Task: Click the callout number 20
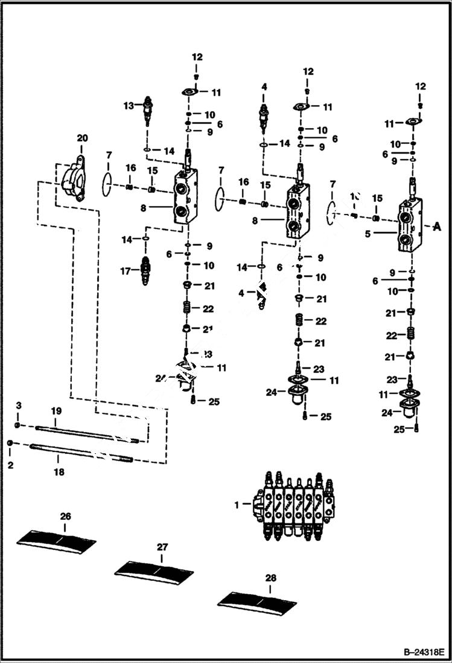82,138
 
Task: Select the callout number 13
128,106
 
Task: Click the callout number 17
126,271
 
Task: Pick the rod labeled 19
91,433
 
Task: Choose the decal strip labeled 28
258,598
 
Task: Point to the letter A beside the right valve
438,227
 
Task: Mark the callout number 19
56,411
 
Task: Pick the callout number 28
270,578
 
